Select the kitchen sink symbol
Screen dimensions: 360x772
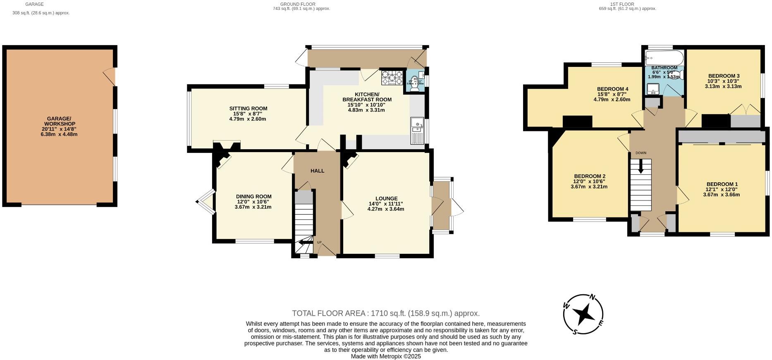(x=417, y=131)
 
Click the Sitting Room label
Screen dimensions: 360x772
(x=248, y=109)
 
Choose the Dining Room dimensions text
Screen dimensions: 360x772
(x=253, y=205)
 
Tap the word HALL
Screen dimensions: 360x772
(x=317, y=171)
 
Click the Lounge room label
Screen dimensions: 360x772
(x=386, y=199)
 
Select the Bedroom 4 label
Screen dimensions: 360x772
(x=612, y=89)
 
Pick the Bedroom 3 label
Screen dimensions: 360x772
(x=723, y=76)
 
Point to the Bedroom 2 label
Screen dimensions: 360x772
(x=589, y=176)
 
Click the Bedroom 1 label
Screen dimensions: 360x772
(x=722, y=184)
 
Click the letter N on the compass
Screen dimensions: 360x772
(x=592, y=297)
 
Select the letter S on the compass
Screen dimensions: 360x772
(x=575, y=331)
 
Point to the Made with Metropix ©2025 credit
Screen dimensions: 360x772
(x=385, y=356)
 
